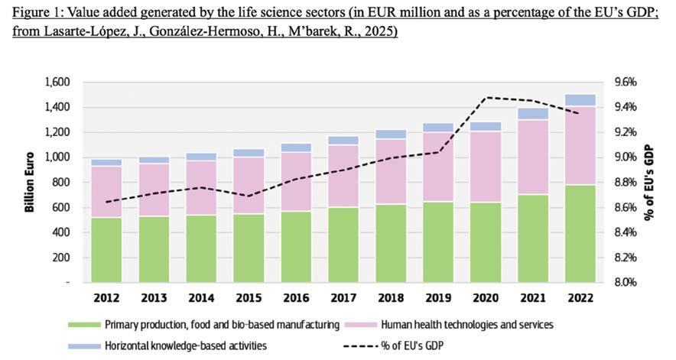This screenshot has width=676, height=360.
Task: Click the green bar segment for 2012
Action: (x=106, y=250)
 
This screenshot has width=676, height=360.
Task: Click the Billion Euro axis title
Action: (x=31, y=183)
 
